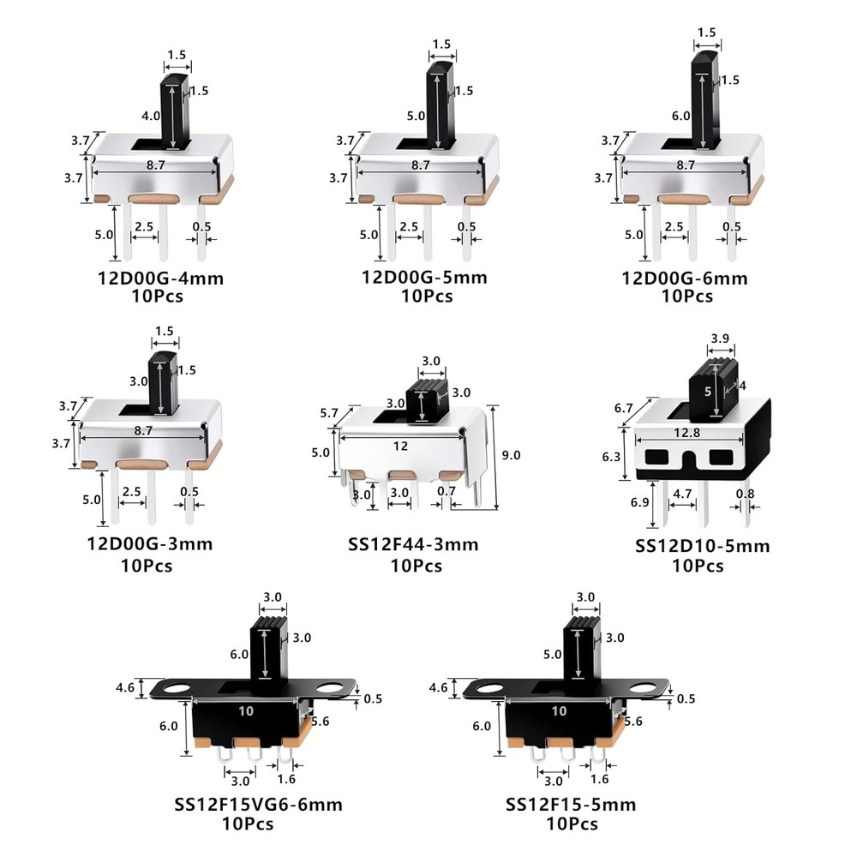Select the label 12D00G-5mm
point(424,278)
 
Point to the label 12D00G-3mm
point(149,543)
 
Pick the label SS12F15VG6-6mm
point(259,804)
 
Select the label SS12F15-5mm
point(571,804)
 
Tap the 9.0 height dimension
point(511,456)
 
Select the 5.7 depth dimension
point(329,413)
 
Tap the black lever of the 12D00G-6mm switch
point(705,99)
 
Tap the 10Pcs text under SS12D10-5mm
point(698,566)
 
